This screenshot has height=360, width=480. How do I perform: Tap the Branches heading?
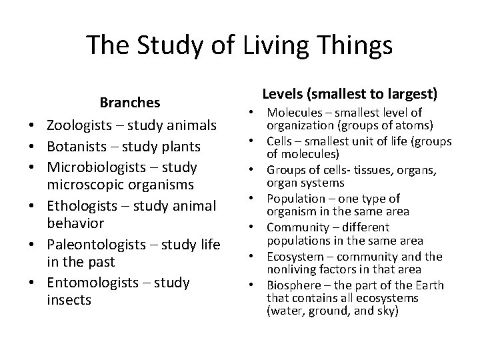(x=130, y=103)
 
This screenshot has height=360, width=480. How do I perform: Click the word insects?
(x=69, y=300)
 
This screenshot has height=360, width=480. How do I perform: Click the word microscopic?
(x=80, y=184)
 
